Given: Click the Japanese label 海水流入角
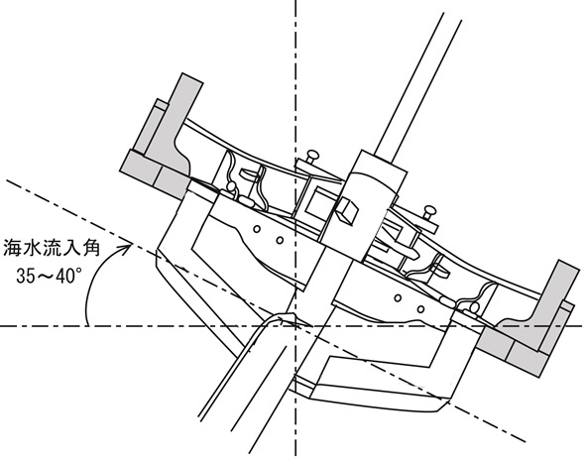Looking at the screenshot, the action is tap(52, 249).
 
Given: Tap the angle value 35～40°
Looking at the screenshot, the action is tap(49, 277).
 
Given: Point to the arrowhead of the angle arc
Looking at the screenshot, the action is tap(126, 247).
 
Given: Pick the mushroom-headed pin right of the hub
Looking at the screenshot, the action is tap(429, 213).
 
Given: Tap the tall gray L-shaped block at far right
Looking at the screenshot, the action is tap(548, 306).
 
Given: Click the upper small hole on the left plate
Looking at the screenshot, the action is tap(257, 229).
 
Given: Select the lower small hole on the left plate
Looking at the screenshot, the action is tap(280, 241).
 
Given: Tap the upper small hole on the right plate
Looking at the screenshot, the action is tap(398, 297).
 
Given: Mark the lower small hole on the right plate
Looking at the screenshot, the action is tap(420, 309).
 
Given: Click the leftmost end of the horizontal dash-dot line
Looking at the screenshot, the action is tap(1, 326).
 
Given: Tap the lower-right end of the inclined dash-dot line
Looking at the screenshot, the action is tap(526, 442).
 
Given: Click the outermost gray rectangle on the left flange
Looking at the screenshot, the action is tap(139, 168).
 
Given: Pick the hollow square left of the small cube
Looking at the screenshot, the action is tap(318, 202).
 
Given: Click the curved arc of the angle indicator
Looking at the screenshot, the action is tap(90, 284).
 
